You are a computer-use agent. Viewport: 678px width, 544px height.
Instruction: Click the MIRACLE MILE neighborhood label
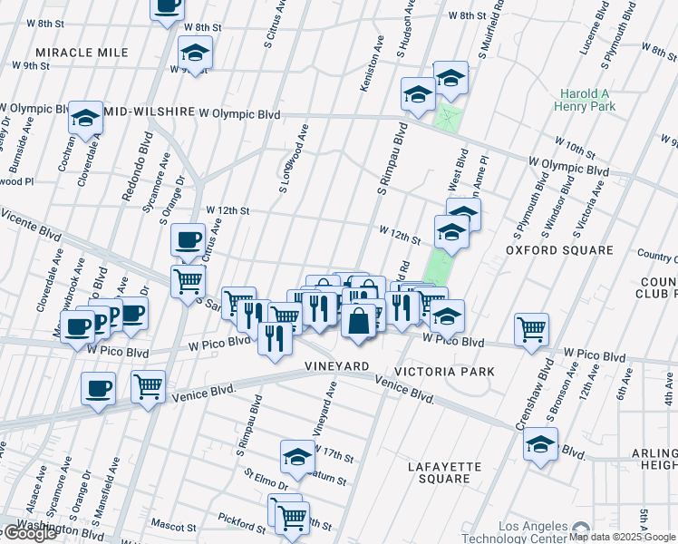[82, 53]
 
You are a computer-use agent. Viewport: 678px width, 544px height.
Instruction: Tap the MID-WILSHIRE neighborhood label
[150, 112]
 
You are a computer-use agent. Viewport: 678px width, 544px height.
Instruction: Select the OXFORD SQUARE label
[559, 249]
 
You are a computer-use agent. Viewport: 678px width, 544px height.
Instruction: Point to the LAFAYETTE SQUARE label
[444, 472]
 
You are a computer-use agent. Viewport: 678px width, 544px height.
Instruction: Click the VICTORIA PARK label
[444, 372]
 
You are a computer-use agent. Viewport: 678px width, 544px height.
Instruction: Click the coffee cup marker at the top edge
[166, 7]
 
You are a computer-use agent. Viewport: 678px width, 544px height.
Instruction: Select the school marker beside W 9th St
[195, 53]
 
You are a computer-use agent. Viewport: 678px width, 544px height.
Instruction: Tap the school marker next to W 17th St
[296, 457]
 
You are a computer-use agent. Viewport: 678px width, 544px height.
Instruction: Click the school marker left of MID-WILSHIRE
[86, 118]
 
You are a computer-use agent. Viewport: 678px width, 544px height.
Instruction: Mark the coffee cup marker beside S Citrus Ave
[188, 240]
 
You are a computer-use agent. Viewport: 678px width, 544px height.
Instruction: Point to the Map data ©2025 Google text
[622, 537]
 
